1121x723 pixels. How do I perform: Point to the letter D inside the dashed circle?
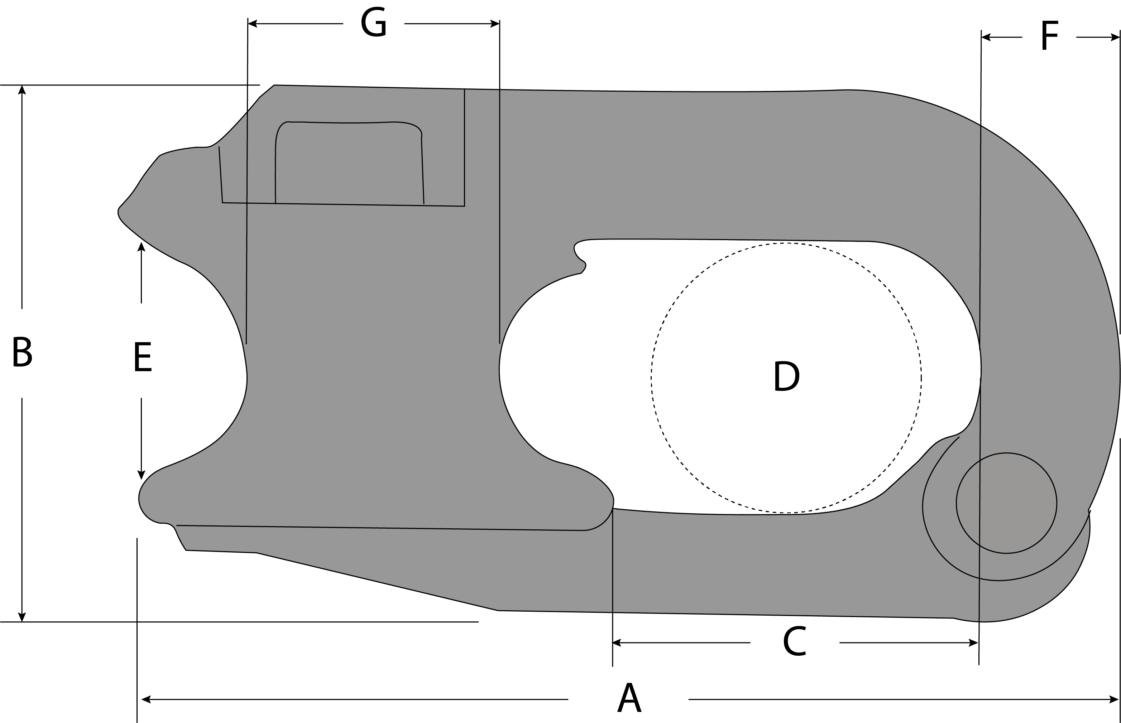(x=786, y=376)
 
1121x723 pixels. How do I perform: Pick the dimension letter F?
(x=1049, y=37)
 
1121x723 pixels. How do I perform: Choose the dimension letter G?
(x=374, y=23)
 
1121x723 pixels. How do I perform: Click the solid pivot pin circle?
(x=1006, y=503)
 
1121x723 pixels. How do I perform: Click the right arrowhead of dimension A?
(x=1115, y=699)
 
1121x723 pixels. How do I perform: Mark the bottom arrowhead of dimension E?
(x=142, y=475)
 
